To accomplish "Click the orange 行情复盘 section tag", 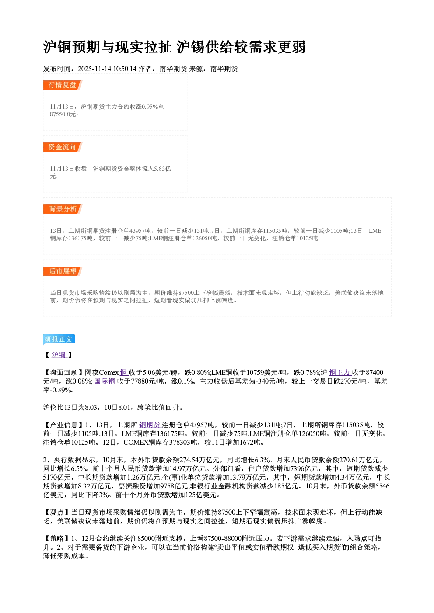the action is (x=63, y=85).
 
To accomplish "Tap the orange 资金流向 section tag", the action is (x=63, y=147).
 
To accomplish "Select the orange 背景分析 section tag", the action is (x=63, y=209).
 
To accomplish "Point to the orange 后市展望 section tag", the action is (x=63, y=271).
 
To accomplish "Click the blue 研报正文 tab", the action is (x=59, y=339).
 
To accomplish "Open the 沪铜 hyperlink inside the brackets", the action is (x=59, y=355).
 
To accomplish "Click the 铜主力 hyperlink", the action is (x=340, y=372).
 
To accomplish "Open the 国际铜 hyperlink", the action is (x=105, y=381).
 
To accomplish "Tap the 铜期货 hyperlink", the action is (x=150, y=425).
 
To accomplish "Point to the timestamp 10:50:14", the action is (x=125, y=69).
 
